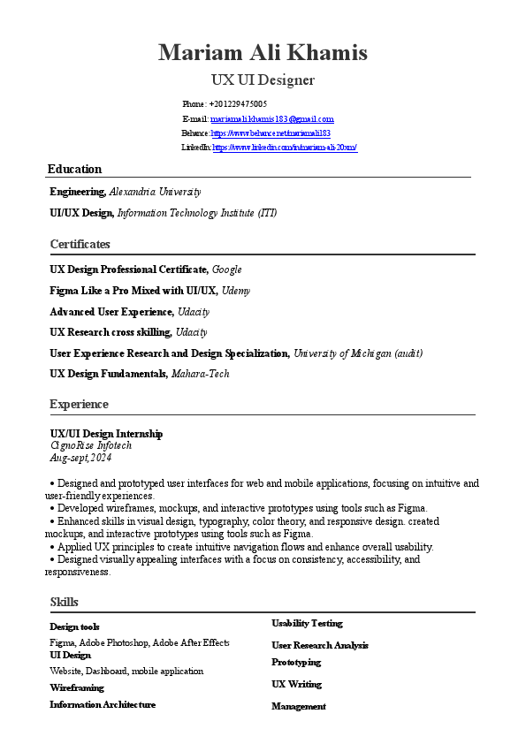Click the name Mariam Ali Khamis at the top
pyautogui.click(x=263, y=53)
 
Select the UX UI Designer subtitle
pyautogui.click(x=263, y=80)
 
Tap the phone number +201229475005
pyautogui.click(x=238, y=104)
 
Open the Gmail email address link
pyautogui.click(x=271, y=118)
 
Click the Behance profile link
pyautogui.click(x=271, y=133)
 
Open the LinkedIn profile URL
pyautogui.click(x=285, y=148)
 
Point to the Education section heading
pyautogui.click(x=74, y=169)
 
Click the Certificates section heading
pyautogui.click(x=80, y=244)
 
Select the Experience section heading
pyautogui.click(x=80, y=404)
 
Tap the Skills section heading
pyautogui.click(x=65, y=602)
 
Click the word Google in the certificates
pyautogui.click(x=226, y=270)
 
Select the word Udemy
pyautogui.click(x=236, y=291)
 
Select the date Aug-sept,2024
pyautogui.click(x=80, y=458)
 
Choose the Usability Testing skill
pyautogui.click(x=307, y=623)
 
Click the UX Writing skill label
pyautogui.click(x=296, y=684)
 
